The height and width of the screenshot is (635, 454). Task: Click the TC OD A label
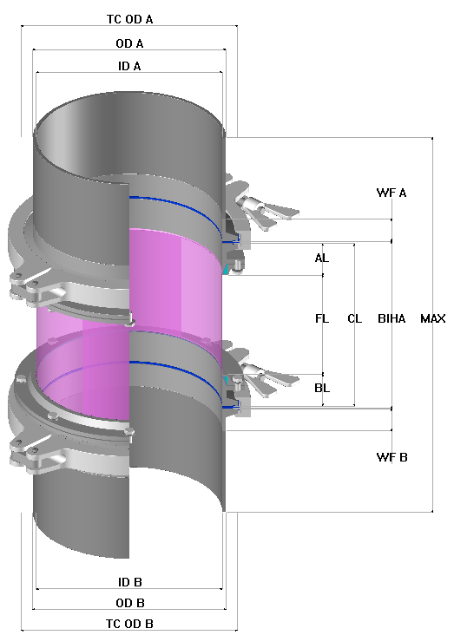pyautogui.click(x=128, y=18)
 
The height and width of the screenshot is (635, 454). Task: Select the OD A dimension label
pyautogui.click(x=128, y=43)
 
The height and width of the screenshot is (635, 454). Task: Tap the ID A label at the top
pyautogui.click(x=128, y=66)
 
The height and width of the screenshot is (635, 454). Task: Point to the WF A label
pyautogui.click(x=391, y=193)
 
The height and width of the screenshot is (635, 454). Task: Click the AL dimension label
pyautogui.click(x=322, y=259)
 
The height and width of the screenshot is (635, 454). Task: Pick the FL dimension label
pyautogui.click(x=322, y=318)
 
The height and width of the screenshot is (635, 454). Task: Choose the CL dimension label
pyautogui.click(x=354, y=318)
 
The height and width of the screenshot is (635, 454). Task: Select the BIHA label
pyautogui.click(x=391, y=318)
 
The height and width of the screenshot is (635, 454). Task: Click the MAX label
pyautogui.click(x=432, y=318)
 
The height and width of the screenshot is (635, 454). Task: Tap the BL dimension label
pyautogui.click(x=322, y=388)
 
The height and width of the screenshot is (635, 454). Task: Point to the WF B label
pyautogui.click(x=391, y=456)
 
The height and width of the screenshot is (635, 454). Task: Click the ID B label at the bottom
pyautogui.click(x=128, y=580)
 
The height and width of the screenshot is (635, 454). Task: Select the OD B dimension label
pyautogui.click(x=128, y=602)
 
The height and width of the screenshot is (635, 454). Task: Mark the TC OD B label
pyautogui.click(x=128, y=624)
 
